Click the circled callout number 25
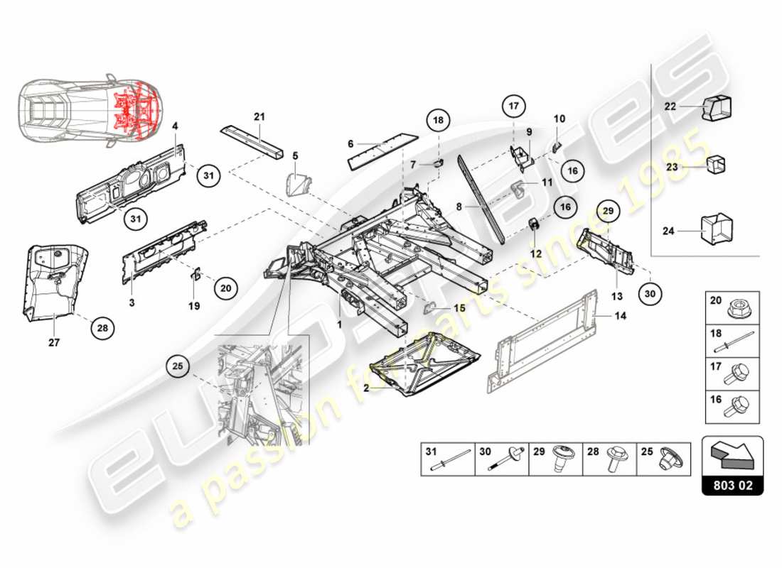178,367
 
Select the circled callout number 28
103,328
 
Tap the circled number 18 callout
439,121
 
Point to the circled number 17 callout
515,106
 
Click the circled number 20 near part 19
225,288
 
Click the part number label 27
54,342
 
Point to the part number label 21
259,117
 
